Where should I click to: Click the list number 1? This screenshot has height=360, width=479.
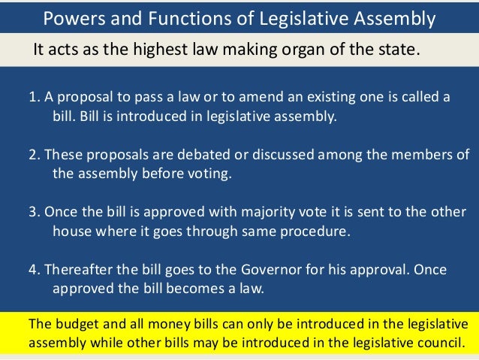pyautogui.click(x=33, y=98)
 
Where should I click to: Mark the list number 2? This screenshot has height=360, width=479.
pyautogui.click(x=33, y=155)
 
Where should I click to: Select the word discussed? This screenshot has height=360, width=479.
pyautogui.click(x=257, y=155)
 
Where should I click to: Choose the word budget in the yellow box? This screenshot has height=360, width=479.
pyautogui.click(x=74, y=325)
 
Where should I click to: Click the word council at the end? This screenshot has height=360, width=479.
pyautogui.click(x=444, y=344)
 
